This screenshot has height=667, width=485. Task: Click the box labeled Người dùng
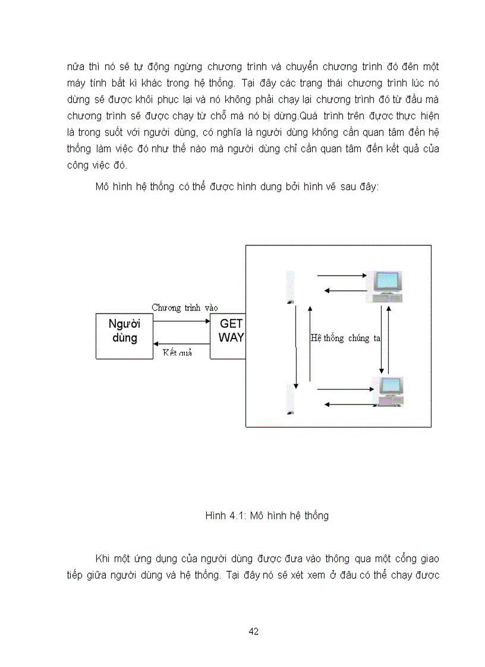(x=124, y=336)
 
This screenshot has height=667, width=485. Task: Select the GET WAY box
(x=228, y=336)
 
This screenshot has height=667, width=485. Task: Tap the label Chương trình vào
(x=185, y=308)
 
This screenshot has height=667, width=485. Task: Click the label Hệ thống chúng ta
(x=345, y=338)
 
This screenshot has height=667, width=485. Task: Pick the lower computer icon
(x=390, y=392)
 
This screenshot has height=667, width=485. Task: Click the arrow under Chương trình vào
(x=181, y=321)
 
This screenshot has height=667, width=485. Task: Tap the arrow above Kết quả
(x=181, y=343)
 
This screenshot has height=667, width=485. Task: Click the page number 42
(x=254, y=631)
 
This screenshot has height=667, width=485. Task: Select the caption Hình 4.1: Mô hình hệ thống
(x=267, y=516)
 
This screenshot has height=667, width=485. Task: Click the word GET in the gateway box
(x=231, y=324)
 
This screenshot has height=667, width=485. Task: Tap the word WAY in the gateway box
(x=231, y=338)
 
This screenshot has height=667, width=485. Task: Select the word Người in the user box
(x=124, y=324)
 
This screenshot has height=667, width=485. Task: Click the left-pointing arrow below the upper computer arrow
(x=344, y=290)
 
